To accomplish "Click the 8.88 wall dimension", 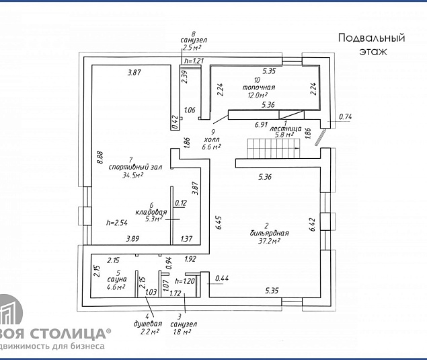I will [100, 157].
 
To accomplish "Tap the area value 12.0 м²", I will [257, 95].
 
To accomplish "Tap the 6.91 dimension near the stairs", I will [262, 124].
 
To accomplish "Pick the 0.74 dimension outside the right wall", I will [345, 117].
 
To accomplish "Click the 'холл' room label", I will [212, 139].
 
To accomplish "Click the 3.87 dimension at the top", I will [136, 72].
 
